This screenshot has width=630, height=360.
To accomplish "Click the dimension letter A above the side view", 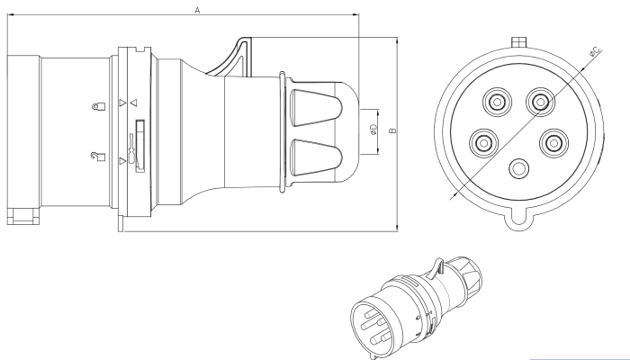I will (x=197, y=8).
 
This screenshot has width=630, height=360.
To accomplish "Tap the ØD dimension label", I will (x=373, y=130).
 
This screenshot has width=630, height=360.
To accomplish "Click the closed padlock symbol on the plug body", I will (x=96, y=105).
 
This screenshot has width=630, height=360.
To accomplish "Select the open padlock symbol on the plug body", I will (x=96, y=157).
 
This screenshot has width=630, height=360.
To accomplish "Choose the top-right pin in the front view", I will (x=539, y=102).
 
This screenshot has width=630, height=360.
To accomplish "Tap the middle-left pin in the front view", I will (x=484, y=141).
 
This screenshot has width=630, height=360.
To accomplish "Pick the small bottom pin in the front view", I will (x=517, y=169).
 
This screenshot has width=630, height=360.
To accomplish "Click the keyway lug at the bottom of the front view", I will (x=517, y=216).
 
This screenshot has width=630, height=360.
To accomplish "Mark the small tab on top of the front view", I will (x=517, y=41).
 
